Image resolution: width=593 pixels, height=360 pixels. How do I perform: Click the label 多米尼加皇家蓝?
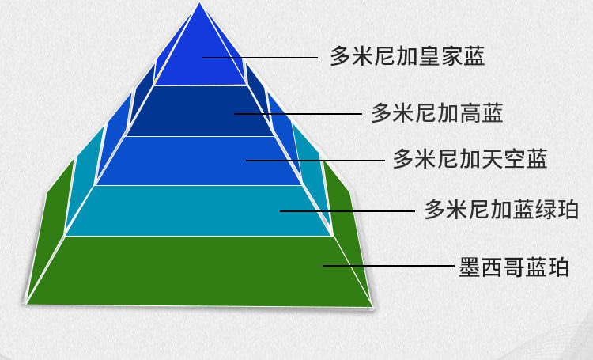(407, 57)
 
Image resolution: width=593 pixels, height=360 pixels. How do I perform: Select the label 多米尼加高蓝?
(437, 114)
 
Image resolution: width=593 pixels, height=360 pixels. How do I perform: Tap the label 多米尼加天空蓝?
(470, 160)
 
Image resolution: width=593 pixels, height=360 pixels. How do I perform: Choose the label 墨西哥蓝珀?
(514, 267)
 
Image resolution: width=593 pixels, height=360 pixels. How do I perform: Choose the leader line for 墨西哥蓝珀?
(387, 266)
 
